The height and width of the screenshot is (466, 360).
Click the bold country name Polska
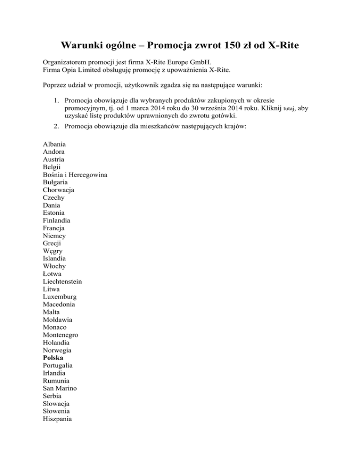(x=53, y=358)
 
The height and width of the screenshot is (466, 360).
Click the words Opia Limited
(x=78, y=70)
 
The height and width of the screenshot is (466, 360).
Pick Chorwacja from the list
(x=58, y=190)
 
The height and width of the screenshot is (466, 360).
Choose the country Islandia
(x=54, y=258)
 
